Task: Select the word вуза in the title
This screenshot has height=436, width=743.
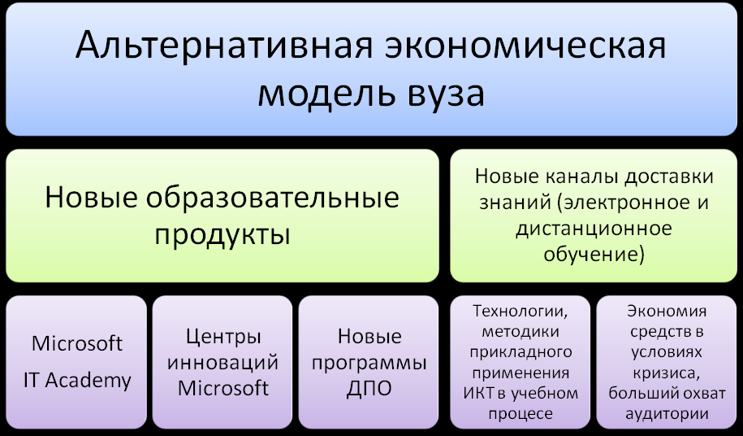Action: click(x=446, y=94)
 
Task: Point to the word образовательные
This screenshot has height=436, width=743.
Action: click(x=272, y=197)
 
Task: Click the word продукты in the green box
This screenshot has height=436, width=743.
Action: click(x=222, y=234)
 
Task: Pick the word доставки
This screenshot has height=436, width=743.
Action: click(x=668, y=177)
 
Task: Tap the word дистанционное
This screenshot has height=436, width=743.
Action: click(x=594, y=229)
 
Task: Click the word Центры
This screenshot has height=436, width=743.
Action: click(x=222, y=338)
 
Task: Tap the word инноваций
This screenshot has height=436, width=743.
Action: click(x=222, y=363)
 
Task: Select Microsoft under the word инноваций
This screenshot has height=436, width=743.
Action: click(x=223, y=388)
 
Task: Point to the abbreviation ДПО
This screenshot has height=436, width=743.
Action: click(x=369, y=389)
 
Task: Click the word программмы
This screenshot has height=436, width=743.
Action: click(x=369, y=364)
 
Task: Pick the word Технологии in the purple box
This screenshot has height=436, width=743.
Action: click(x=521, y=312)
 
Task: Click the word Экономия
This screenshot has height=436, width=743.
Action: click(x=667, y=312)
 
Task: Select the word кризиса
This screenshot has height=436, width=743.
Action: click(x=666, y=373)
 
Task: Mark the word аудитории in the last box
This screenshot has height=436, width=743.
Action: click(x=667, y=414)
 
